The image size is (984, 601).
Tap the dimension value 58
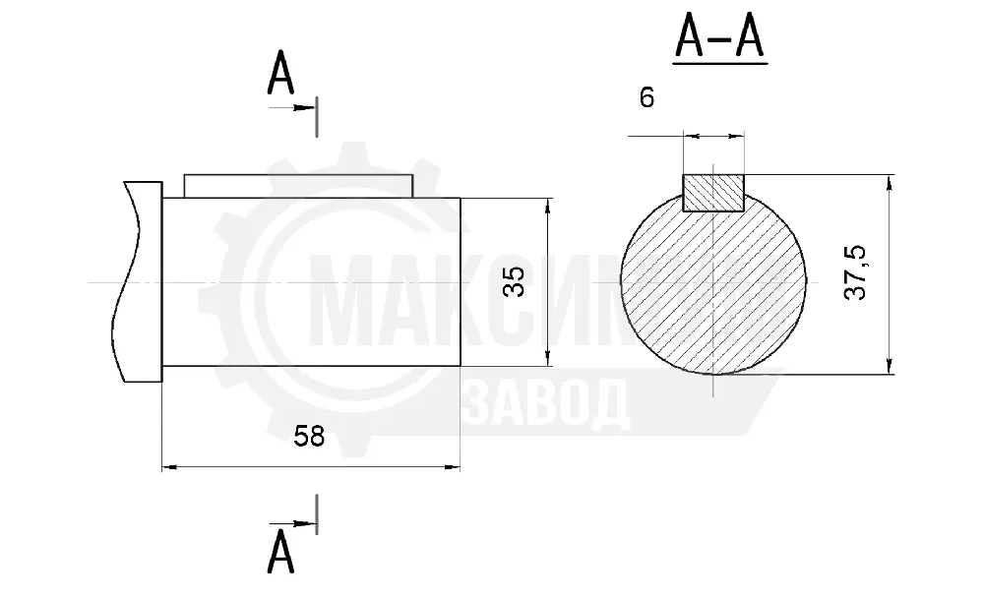(x=309, y=436)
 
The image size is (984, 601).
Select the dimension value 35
(x=514, y=281)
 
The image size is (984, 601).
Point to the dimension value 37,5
(x=855, y=272)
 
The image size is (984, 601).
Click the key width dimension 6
(x=646, y=97)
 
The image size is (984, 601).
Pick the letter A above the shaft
(x=279, y=73)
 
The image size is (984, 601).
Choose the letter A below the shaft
(x=279, y=552)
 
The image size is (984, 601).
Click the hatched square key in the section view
(x=713, y=193)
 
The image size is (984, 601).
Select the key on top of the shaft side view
(x=299, y=186)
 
